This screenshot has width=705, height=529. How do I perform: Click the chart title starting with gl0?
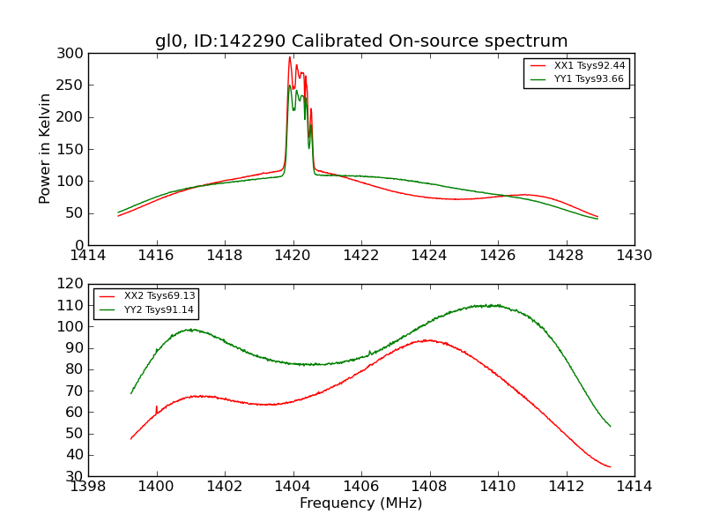pos(361,41)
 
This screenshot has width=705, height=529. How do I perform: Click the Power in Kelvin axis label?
pos(45,149)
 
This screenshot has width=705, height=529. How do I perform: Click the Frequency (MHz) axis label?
pos(360,503)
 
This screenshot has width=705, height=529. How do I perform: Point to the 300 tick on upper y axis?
pos(73,54)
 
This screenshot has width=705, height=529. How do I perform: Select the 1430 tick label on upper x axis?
pos(634,256)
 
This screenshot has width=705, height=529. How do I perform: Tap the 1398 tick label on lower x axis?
pos(88,487)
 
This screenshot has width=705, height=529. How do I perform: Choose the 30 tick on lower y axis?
pos(78,476)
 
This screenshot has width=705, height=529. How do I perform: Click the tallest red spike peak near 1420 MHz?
pos(289,58)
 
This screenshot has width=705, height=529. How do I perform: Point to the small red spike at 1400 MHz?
pos(157,406)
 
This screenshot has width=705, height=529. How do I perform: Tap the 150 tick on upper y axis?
pos(73,149)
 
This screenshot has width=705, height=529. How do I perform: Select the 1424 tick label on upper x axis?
pos(429,256)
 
